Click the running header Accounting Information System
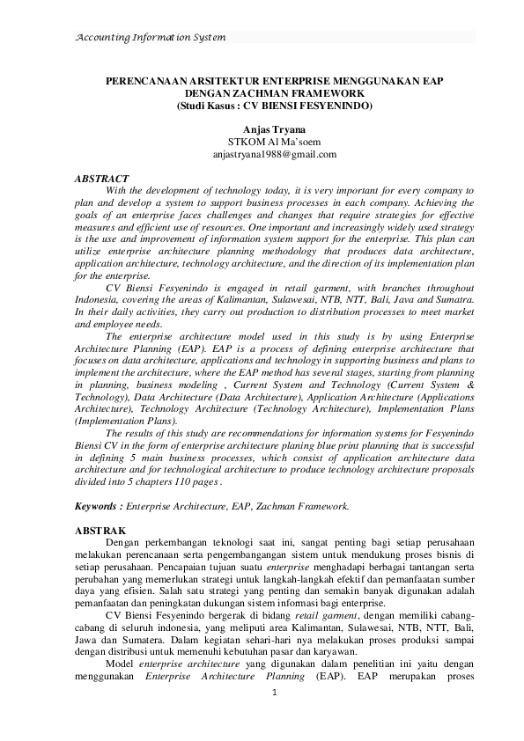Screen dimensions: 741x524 tap(151, 38)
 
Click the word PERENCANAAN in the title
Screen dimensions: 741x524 tap(145, 80)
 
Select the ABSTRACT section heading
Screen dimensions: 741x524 tap(102, 179)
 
